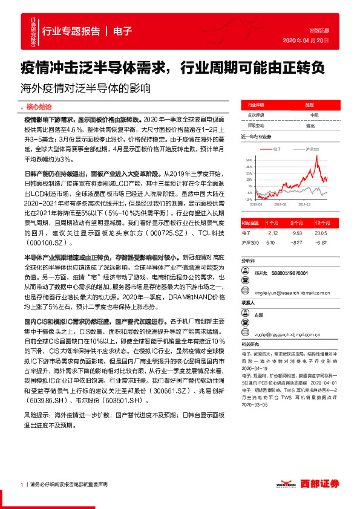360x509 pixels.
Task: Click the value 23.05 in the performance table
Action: pos(321,232)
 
